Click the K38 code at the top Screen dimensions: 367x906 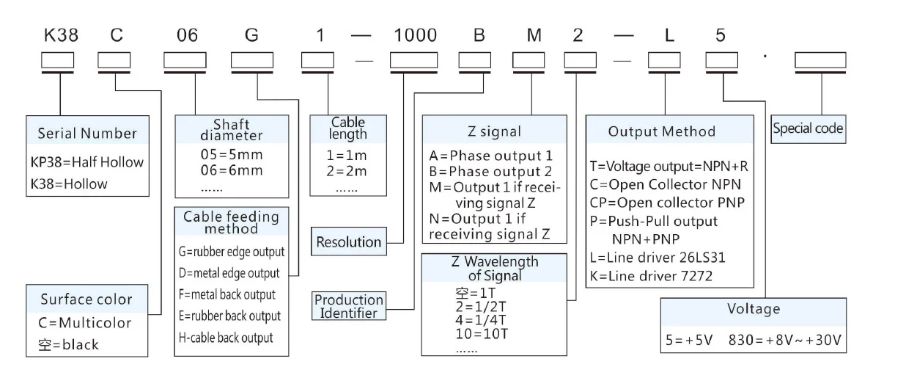click(x=62, y=35)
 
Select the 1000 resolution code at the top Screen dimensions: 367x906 click(x=415, y=35)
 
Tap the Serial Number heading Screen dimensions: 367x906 click(x=87, y=133)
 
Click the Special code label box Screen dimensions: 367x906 click(x=808, y=129)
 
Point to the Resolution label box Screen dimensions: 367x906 click(x=349, y=241)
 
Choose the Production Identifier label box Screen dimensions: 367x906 click(x=349, y=306)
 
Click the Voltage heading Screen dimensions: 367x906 click(x=753, y=309)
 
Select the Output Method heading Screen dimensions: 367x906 click(x=662, y=132)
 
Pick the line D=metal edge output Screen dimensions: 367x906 click(x=229, y=273)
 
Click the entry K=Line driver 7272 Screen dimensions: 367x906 click(x=650, y=276)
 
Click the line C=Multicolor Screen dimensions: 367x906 click(x=85, y=323)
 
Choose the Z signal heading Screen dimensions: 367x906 click(x=495, y=132)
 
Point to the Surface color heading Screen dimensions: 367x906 click(x=86, y=299)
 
